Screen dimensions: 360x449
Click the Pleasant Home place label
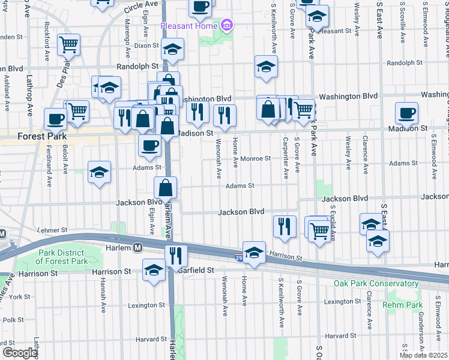[x=188, y=26]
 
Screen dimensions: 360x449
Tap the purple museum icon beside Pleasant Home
[x=226, y=26]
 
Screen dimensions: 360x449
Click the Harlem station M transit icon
[x=137, y=247]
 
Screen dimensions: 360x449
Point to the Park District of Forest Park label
[x=64, y=257]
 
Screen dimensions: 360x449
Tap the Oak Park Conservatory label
[x=376, y=283]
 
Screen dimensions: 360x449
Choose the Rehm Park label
[x=405, y=305]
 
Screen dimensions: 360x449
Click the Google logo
[x=20, y=352]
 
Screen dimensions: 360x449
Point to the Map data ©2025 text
[x=424, y=355]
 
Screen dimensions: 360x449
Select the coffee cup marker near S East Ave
[x=406, y=113]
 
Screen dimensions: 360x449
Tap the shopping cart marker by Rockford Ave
[x=69, y=44]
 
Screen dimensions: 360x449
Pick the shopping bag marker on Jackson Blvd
[x=166, y=187]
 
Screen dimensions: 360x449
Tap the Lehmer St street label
[x=50, y=229]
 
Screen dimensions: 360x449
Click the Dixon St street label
[x=146, y=45]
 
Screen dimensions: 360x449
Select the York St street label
[x=19, y=296]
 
